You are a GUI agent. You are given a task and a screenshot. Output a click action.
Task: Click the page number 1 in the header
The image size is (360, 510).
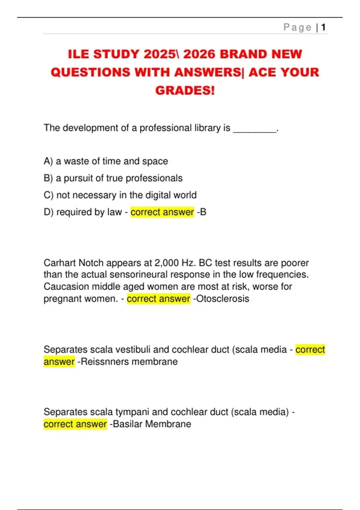pyautogui.click(x=323, y=28)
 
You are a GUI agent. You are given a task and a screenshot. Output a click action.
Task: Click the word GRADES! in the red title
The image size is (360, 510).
pyautogui.click(x=185, y=90)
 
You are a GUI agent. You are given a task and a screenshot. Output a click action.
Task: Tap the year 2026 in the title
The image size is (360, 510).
pyautogui.click(x=199, y=54)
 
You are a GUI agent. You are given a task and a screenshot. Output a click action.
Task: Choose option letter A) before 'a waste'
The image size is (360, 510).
pyautogui.click(x=48, y=161)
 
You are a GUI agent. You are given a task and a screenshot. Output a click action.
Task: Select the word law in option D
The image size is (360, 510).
pyautogui.click(x=114, y=212)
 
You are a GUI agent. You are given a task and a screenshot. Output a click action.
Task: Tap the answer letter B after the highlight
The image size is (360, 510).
pyautogui.click(x=203, y=212)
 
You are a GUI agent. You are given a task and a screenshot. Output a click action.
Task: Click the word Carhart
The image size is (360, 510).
pyautogui.click(x=60, y=263)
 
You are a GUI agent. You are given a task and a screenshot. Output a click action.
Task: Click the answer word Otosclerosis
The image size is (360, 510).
pyautogui.click(x=223, y=299)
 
